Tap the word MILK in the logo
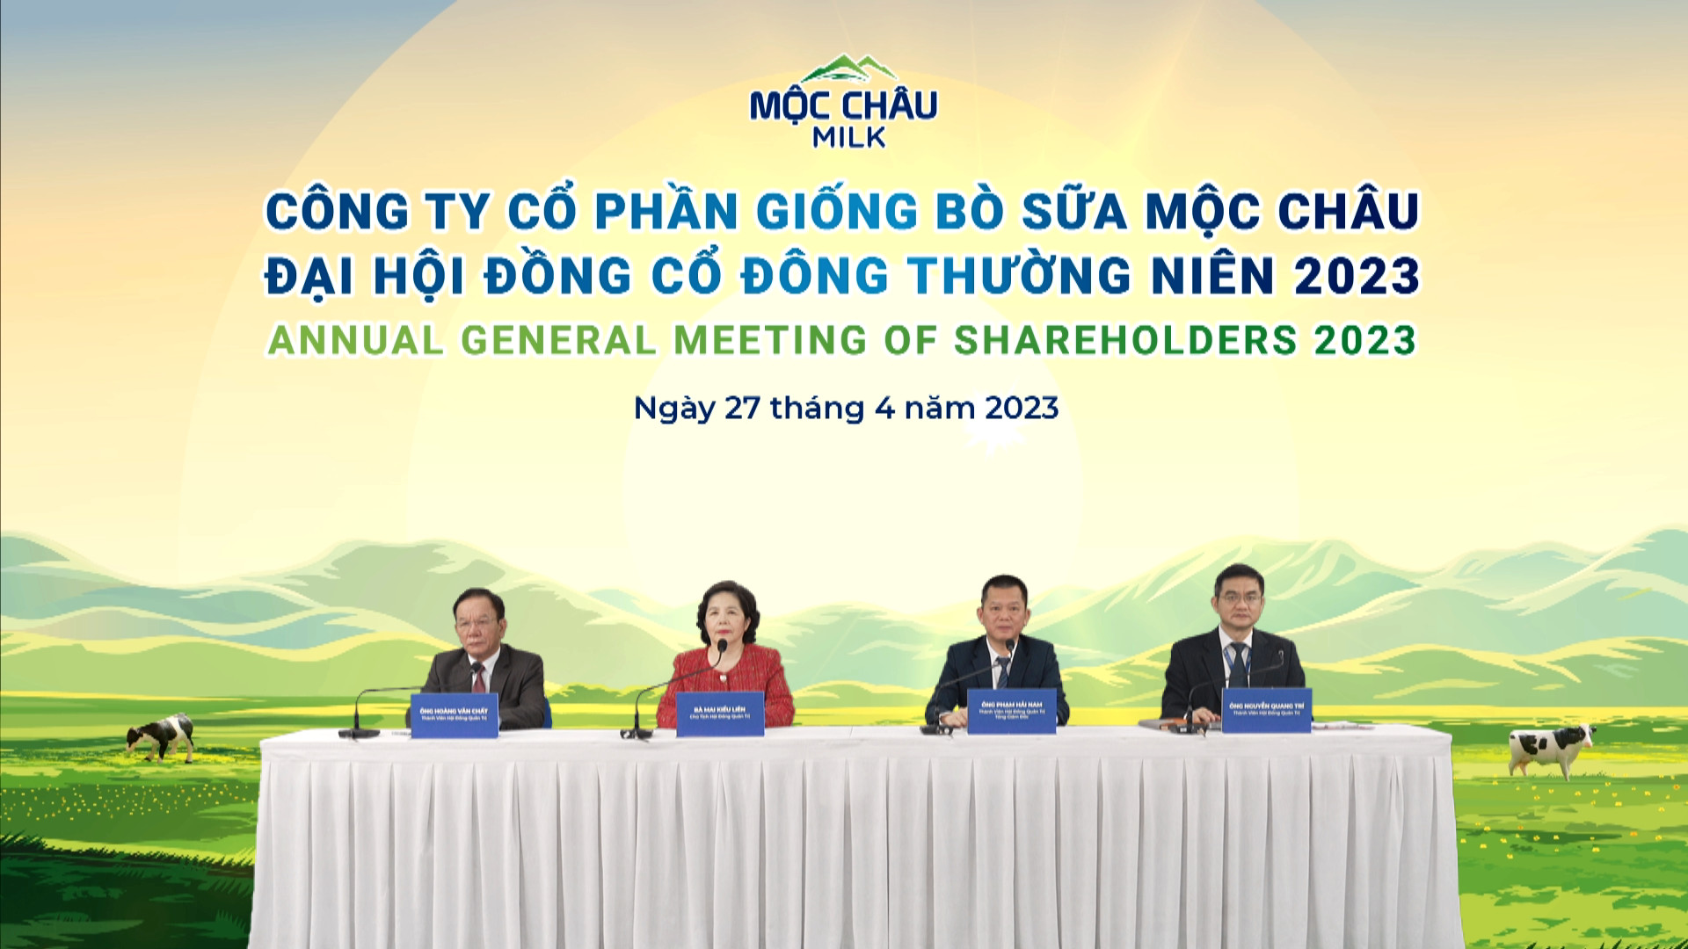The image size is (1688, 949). pyautogui.click(x=848, y=137)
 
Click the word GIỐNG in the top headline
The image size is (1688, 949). pyautogui.click(x=836, y=212)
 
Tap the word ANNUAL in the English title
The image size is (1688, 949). pyautogui.click(x=355, y=341)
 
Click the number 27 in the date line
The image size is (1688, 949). pyautogui.click(x=742, y=409)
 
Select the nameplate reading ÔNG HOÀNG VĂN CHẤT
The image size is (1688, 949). pyautogui.click(x=454, y=714)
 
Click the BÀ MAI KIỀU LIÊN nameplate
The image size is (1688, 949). pyautogui.click(x=719, y=714)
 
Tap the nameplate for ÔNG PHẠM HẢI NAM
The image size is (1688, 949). pyautogui.click(x=1011, y=710)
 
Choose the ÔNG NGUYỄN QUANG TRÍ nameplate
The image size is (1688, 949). pyautogui.click(x=1266, y=710)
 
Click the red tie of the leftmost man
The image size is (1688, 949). pyautogui.click(x=477, y=677)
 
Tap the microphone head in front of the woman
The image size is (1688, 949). pyautogui.click(x=722, y=648)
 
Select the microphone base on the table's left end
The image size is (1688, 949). pyautogui.click(x=359, y=732)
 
